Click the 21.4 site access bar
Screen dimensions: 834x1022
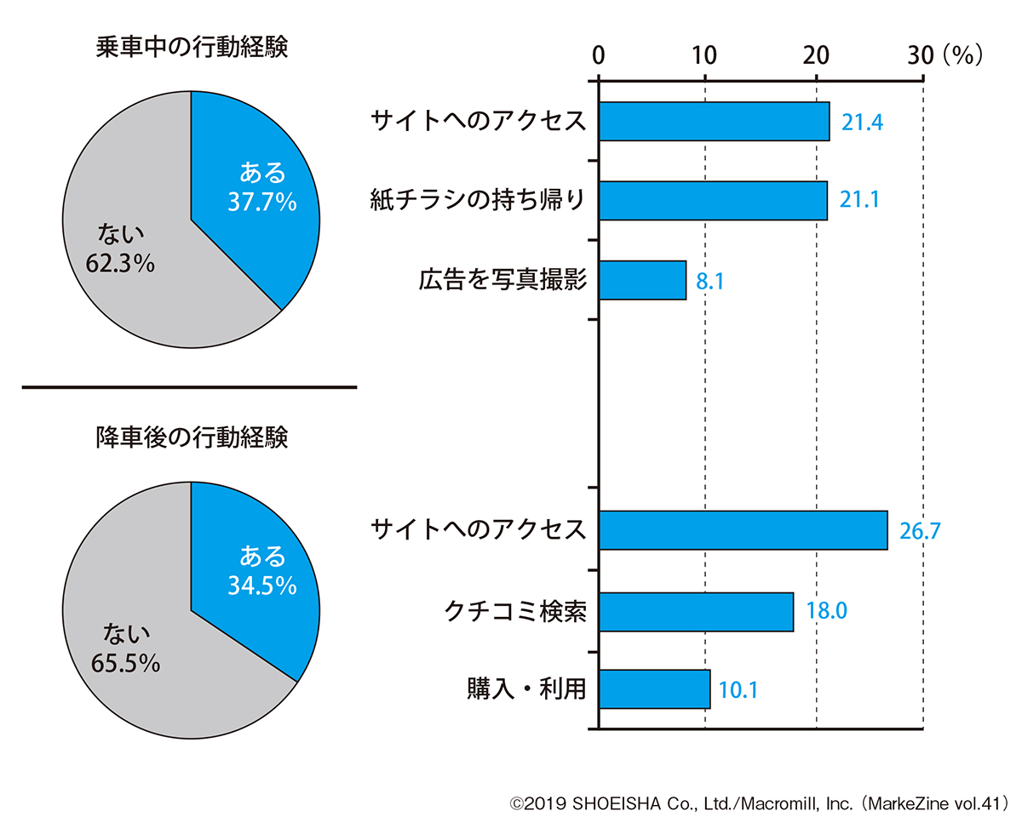coord(714,122)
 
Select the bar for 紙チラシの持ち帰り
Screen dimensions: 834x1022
coord(713,201)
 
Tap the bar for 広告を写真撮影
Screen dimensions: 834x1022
coord(642,280)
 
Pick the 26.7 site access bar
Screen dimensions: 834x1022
coord(743,530)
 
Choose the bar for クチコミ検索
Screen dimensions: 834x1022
coord(696,612)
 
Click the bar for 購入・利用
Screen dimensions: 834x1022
coord(654,689)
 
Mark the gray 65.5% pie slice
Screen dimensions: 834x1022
coord(128,647)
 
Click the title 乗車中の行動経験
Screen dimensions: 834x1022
coord(192,48)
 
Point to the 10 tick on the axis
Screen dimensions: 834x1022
coord(704,55)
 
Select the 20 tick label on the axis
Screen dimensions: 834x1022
coord(815,55)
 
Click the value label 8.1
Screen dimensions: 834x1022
coord(710,282)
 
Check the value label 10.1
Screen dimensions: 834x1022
coord(738,690)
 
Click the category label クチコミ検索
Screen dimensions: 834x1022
coord(516,611)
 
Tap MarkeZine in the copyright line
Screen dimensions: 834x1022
coord(909,803)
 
